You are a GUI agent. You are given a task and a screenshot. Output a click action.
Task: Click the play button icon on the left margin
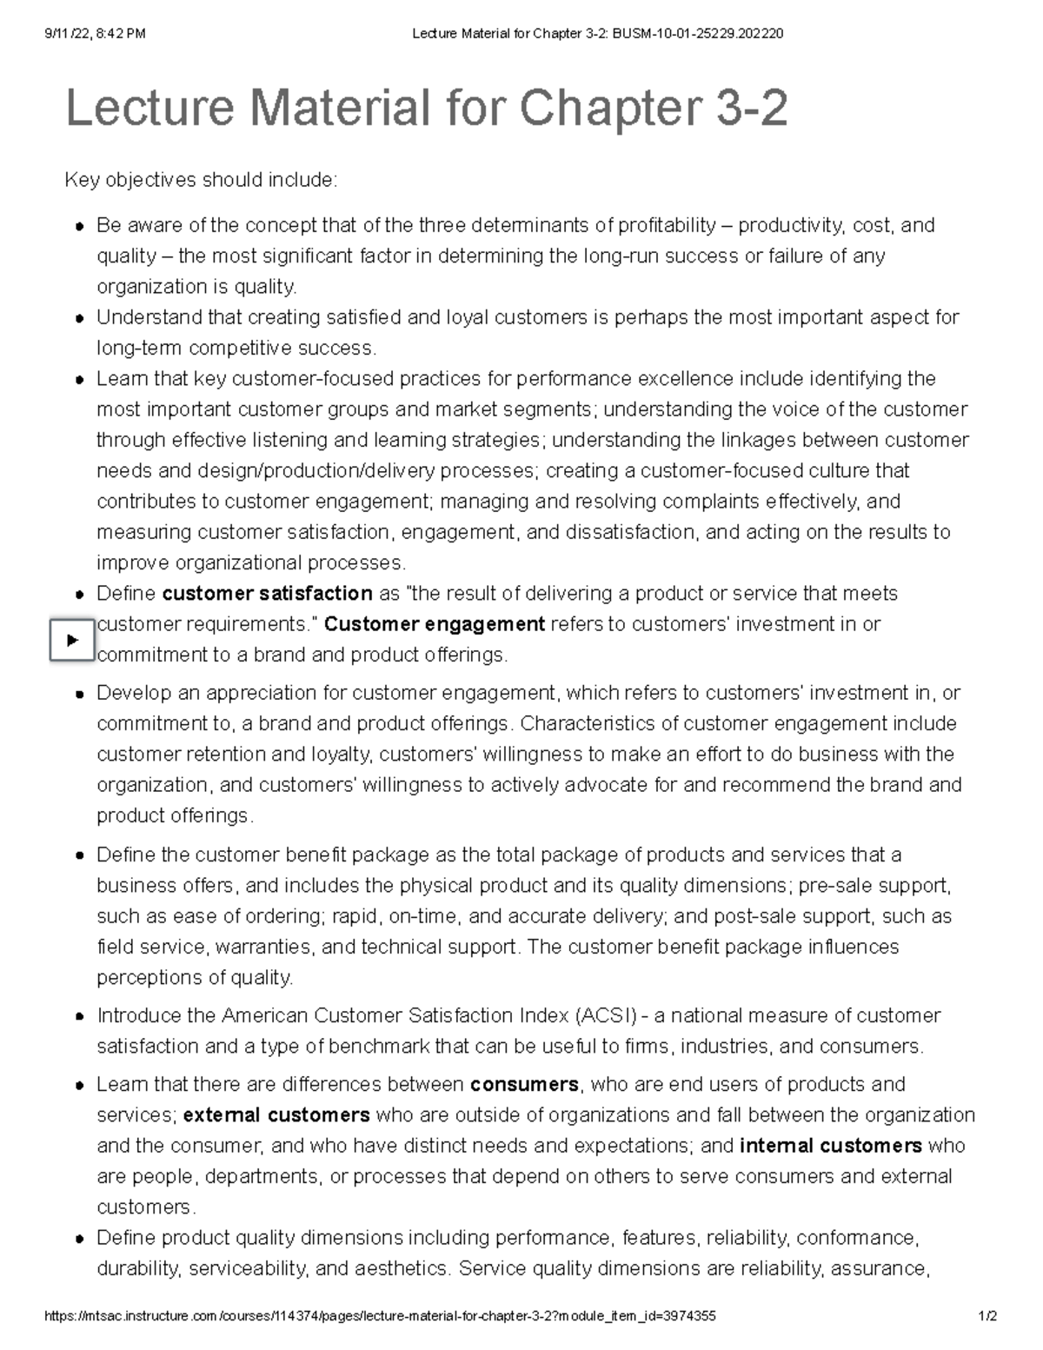tap(71, 640)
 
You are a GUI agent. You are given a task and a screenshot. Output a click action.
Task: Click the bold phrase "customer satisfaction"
tap(268, 594)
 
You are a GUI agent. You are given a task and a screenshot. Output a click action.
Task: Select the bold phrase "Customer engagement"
tap(434, 624)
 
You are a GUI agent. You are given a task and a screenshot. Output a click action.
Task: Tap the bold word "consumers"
tap(524, 1085)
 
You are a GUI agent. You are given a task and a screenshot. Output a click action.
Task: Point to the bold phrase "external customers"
tap(276, 1115)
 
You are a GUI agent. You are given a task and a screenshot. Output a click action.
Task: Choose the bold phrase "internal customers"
tap(830, 1146)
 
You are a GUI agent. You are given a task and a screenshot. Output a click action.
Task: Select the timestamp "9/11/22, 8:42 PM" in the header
tap(95, 34)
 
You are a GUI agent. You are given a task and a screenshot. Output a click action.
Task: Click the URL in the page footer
tap(380, 1316)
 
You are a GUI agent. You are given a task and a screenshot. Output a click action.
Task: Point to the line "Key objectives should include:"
tap(201, 181)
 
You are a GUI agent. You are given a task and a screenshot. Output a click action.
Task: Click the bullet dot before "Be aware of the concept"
tap(79, 227)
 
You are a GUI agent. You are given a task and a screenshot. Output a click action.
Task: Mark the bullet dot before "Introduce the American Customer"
tap(79, 1017)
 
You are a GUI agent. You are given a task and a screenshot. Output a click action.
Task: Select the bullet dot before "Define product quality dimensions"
tap(79, 1239)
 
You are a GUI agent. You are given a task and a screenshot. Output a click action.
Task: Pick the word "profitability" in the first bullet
tap(666, 226)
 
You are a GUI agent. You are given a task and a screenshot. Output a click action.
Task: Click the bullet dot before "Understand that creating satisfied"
tap(79, 318)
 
